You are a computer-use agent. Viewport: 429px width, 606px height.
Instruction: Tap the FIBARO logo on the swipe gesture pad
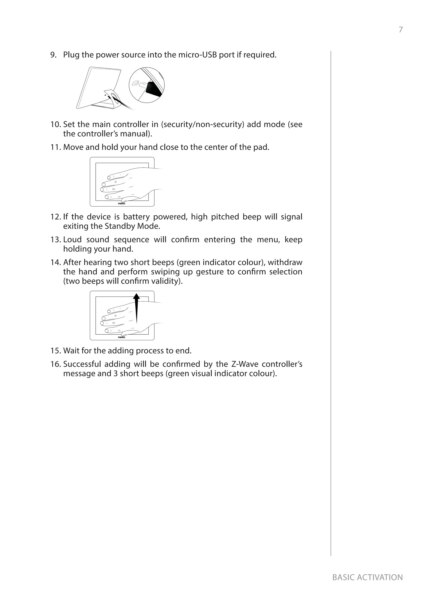pos(121,337)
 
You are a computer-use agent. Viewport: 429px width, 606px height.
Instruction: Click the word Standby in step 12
pos(120,226)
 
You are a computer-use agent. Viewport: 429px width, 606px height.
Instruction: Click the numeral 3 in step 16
pos(116,374)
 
